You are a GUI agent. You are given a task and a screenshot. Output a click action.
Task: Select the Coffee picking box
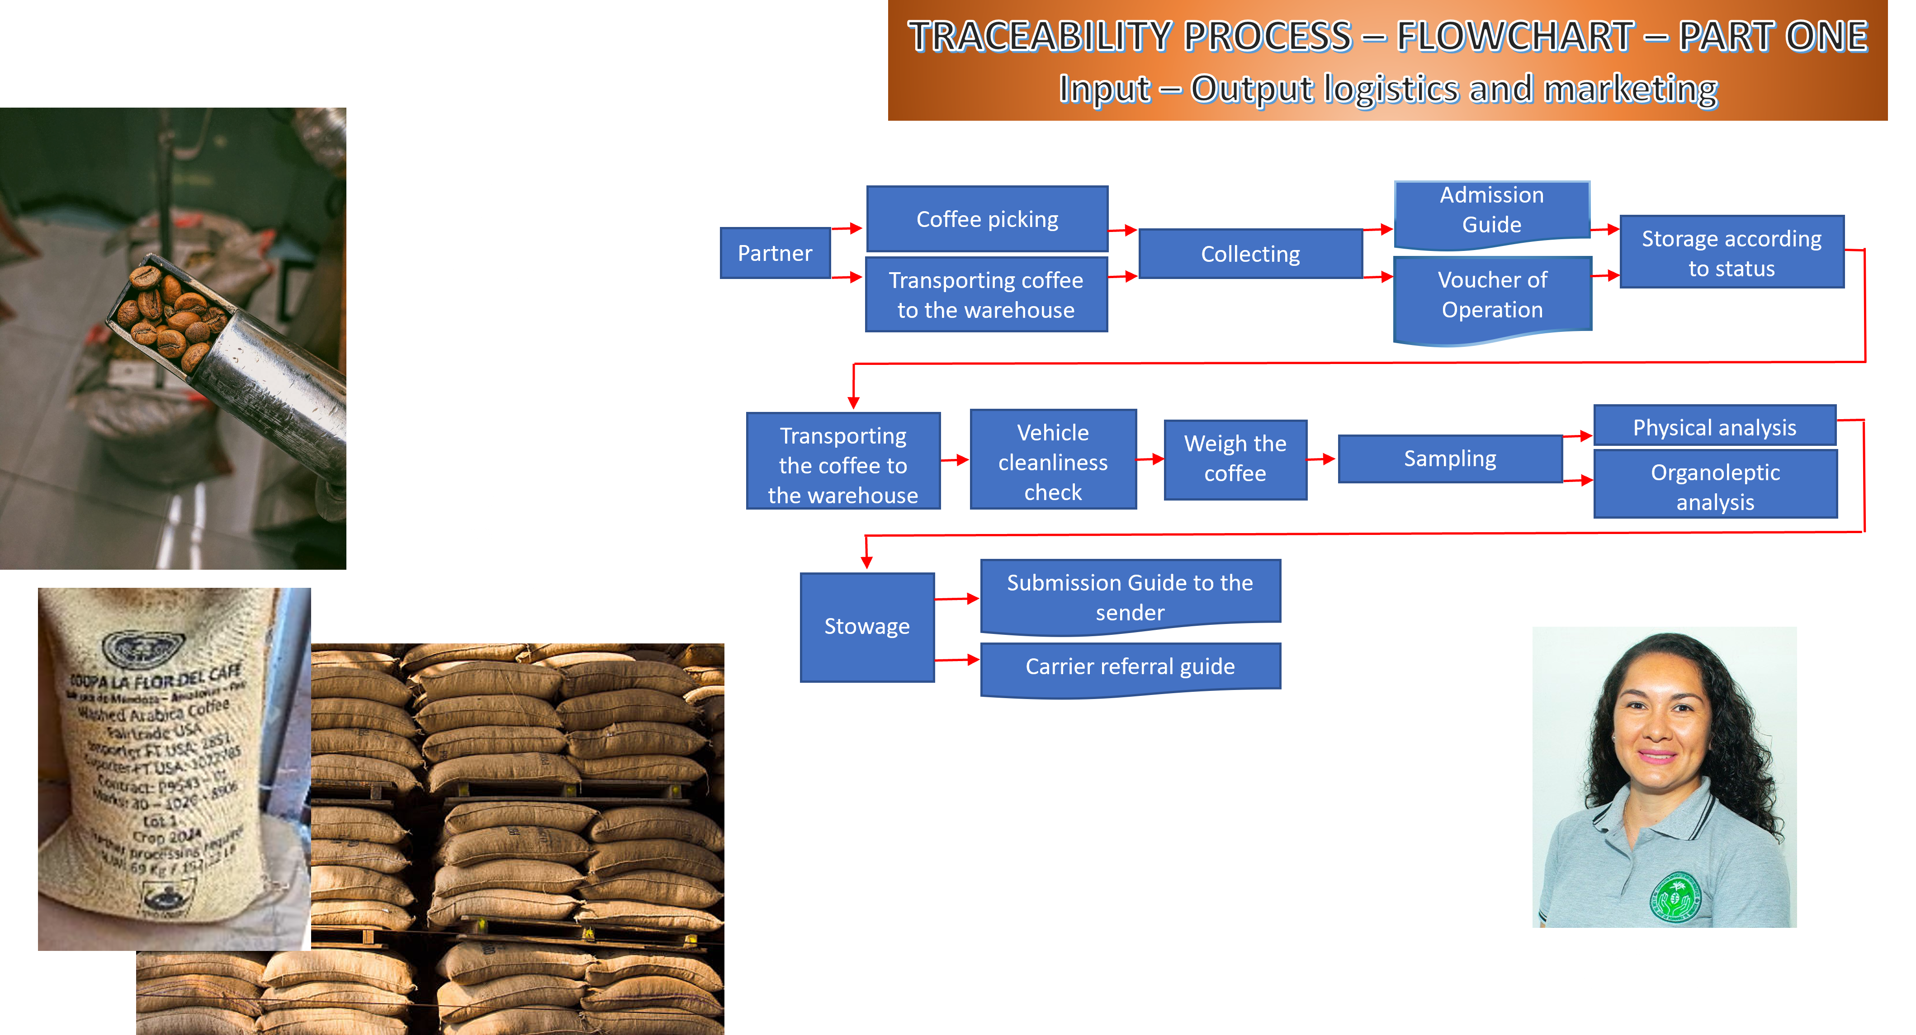point(987,219)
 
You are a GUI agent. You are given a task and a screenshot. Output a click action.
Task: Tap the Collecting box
point(1250,254)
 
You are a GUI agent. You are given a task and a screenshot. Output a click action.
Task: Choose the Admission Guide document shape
point(1491,210)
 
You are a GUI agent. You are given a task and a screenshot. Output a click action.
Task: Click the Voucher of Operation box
point(1492,295)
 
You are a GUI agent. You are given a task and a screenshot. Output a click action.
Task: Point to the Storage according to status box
point(1731,253)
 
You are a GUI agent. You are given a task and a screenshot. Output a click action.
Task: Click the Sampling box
point(1450,459)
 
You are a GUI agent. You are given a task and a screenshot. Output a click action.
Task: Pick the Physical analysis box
point(1714,428)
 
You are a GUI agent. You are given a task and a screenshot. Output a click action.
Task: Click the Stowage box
point(866,627)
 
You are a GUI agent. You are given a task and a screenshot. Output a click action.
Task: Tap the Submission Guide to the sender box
point(1130,596)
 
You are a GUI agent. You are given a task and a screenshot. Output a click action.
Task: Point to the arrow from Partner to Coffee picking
point(847,228)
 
